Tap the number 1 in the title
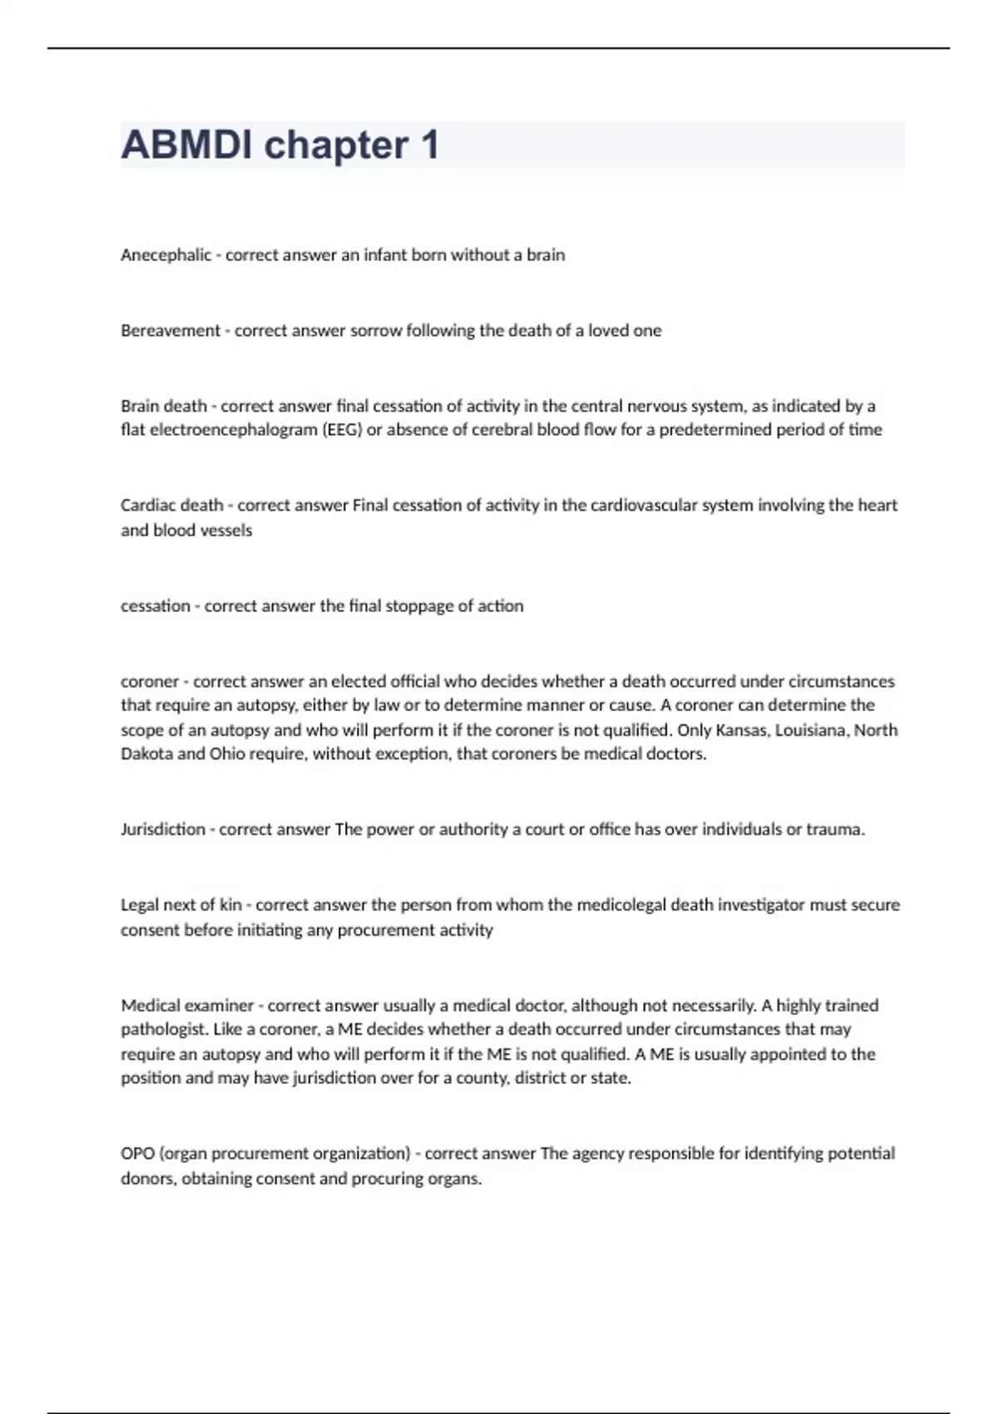coord(429,146)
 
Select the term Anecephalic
coord(166,255)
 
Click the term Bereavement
coord(170,331)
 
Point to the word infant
coord(386,255)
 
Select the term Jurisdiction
coord(163,829)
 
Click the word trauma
coord(835,829)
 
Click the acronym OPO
coord(137,1154)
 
